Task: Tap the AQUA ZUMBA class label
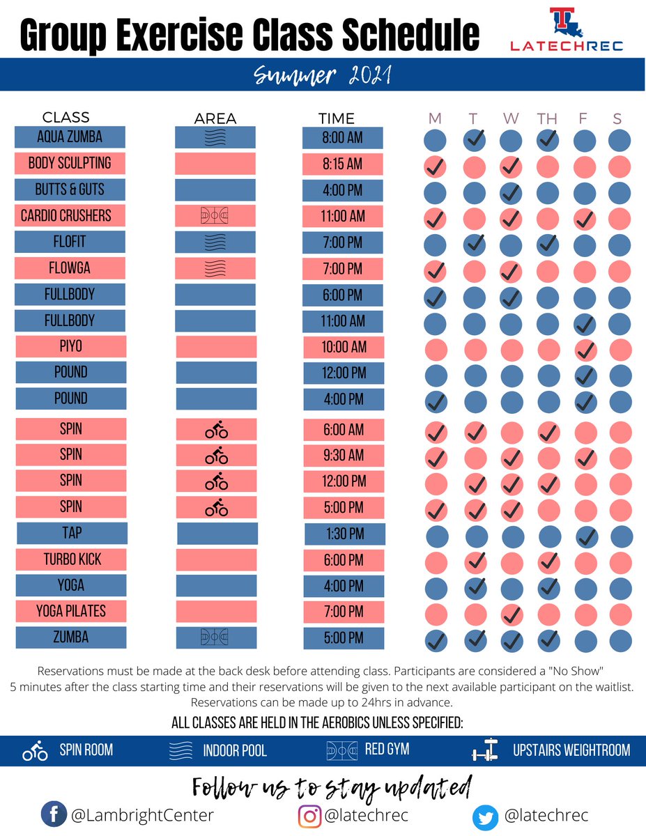click(x=70, y=137)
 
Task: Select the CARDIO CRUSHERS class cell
click(x=70, y=215)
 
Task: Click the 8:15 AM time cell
click(x=343, y=164)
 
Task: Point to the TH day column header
click(x=547, y=118)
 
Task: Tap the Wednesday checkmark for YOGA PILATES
click(x=512, y=614)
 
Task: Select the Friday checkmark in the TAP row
click(x=587, y=536)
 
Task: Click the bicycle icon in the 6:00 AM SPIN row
click(x=216, y=431)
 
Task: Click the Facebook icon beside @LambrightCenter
click(x=52, y=814)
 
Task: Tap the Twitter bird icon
click(x=485, y=816)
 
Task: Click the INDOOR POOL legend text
click(x=234, y=751)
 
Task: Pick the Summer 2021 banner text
click(x=323, y=74)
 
